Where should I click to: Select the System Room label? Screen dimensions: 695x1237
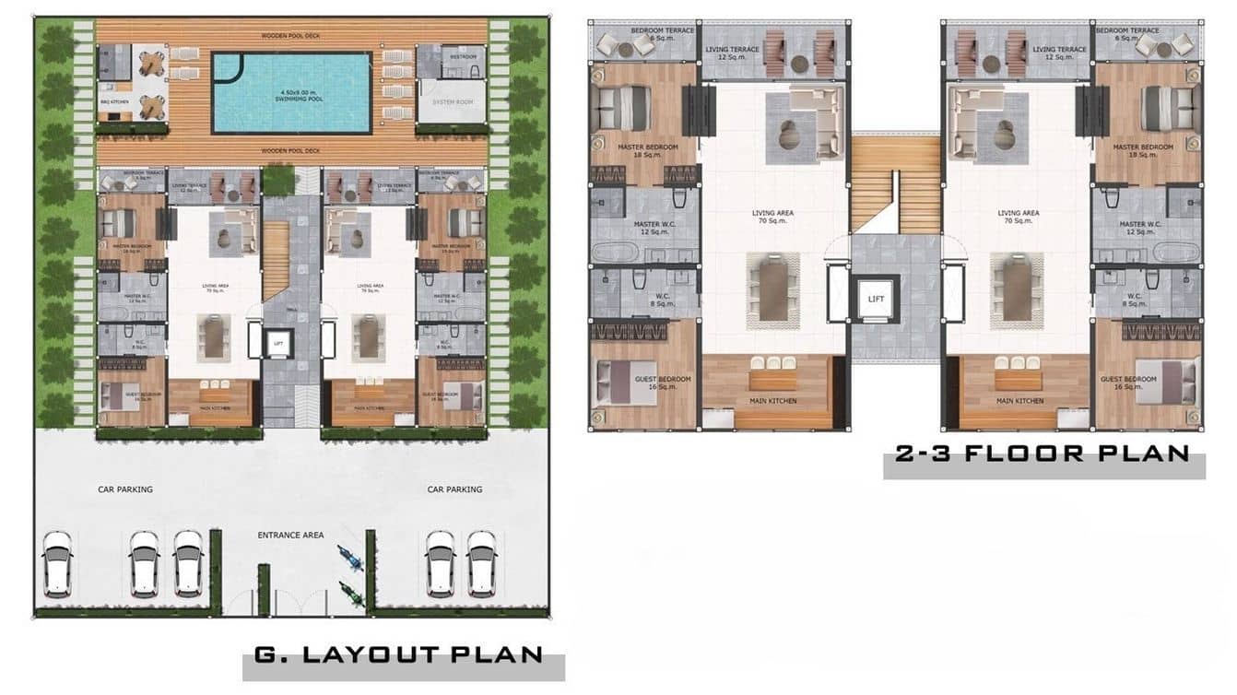tap(452, 101)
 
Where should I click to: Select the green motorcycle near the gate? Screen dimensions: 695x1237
tap(352, 594)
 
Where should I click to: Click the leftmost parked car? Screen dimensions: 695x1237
tap(58, 563)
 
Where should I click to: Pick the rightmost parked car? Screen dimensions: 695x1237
tap(481, 563)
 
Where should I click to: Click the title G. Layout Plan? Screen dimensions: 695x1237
tap(397, 655)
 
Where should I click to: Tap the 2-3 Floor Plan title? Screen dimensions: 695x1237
tap(1042, 454)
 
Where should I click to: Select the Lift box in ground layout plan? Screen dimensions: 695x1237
tap(278, 343)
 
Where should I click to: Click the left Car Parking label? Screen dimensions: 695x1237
tap(125, 489)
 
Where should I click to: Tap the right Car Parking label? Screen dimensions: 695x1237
tap(454, 489)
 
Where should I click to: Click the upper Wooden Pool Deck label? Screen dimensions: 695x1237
tap(291, 37)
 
